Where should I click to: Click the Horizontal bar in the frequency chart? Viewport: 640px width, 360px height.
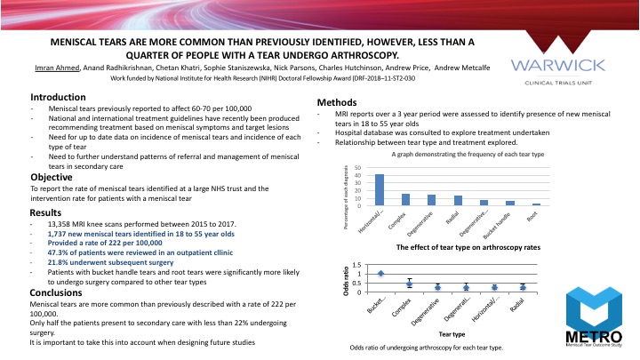(380, 189)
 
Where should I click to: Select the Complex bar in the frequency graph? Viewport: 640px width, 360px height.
(405, 199)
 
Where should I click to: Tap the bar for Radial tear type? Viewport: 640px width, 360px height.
(458, 200)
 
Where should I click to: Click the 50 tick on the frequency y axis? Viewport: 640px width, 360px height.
(358, 168)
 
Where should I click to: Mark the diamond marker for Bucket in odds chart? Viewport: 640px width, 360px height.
(381, 274)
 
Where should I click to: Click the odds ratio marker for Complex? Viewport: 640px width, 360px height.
(409, 284)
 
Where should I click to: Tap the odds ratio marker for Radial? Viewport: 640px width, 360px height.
(523, 287)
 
